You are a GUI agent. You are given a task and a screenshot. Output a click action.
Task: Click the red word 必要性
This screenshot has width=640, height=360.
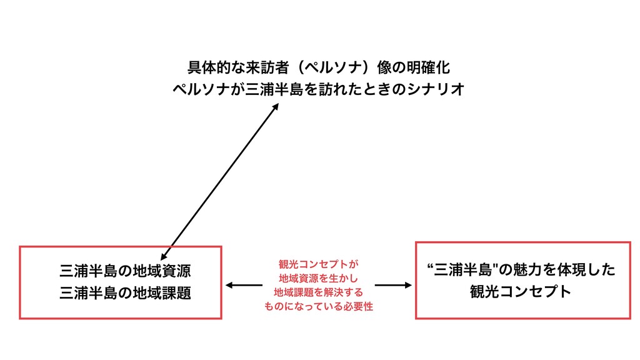tap(357, 307)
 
